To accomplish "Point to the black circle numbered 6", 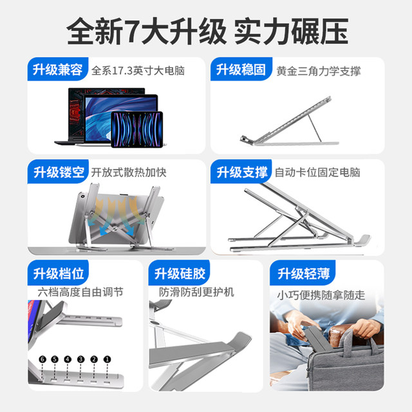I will tap(42, 359).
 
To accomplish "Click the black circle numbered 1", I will tap(107, 359).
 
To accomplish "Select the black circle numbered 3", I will tap(81, 359).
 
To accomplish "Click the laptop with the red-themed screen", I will tap(80, 116).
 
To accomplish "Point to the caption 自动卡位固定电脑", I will tap(317, 173).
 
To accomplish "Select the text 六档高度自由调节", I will tap(79, 293).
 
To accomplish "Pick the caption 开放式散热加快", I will tap(129, 173).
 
